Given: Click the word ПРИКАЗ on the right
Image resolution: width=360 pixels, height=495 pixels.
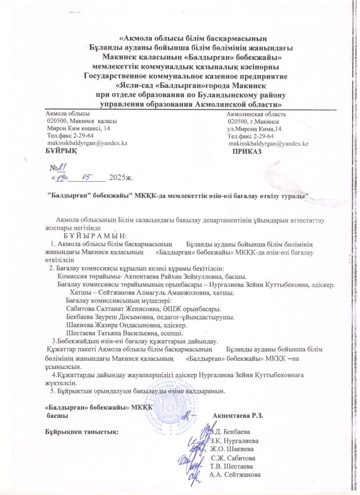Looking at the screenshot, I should coord(247,151).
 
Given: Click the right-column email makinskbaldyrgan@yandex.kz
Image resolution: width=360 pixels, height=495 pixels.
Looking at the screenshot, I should coord(269,143).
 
